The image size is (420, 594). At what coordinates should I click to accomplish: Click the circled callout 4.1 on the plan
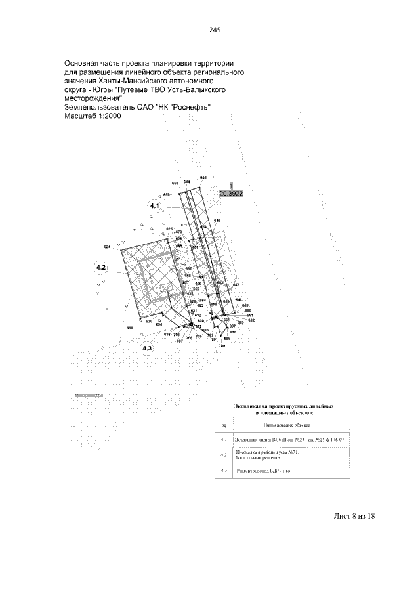(x=156, y=207)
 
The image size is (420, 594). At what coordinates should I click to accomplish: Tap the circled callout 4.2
(x=102, y=268)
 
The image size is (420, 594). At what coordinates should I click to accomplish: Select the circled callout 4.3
(x=147, y=349)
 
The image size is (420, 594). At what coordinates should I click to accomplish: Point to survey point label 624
(x=108, y=247)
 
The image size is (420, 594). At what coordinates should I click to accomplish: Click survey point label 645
(x=203, y=178)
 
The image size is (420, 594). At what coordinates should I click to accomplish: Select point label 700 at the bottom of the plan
(x=222, y=345)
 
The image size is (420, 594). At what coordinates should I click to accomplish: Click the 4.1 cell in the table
(x=224, y=439)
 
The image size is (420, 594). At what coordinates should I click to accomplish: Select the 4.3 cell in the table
(x=224, y=471)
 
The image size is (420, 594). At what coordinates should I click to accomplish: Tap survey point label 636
(x=130, y=328)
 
